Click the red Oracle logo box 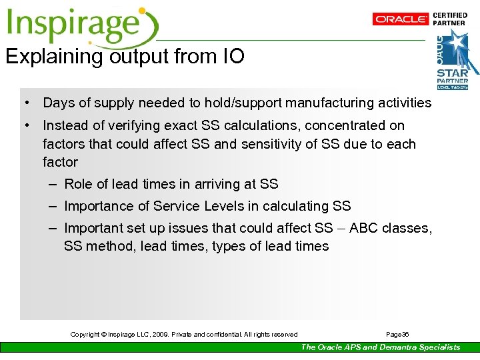click(400, 19)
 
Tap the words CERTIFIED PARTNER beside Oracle click(450, 19)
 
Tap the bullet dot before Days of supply click(25, 103)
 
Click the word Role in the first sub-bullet click(78, 185)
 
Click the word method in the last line click(107, 247)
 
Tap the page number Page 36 click(397, 334)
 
